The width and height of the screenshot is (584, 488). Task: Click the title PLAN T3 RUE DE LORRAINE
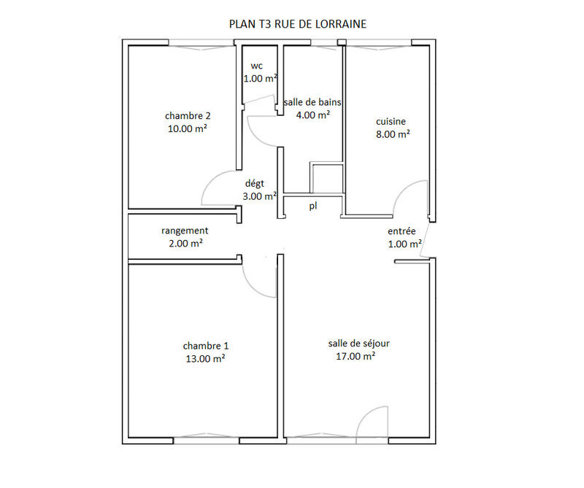pyautogui.click(x=297, y=23)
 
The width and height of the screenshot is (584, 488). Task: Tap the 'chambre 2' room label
pyautogui.click(x=188, y=115)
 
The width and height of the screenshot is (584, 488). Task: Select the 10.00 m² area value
pyautogui.click(x=188, y=128)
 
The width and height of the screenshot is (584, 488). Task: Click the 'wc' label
pyautogui.click(x=256, y=66)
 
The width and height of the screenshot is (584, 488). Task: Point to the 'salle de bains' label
pyautogui.click(x=312, y=102)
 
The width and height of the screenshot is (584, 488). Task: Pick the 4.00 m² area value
pyautogui.click(x=312, y=115)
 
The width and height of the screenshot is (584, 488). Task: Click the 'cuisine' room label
pyautogui.click(x=391, y=121)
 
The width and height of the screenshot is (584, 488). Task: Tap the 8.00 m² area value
pyautogui.click(x=391, y=134)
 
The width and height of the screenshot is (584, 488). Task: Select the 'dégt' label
pyautogui.click(x=254, y=184)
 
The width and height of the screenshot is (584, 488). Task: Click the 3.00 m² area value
pyautogui.click(x=259, y=196)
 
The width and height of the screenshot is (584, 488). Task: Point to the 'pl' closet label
pyautogui.click(x=313, y=206)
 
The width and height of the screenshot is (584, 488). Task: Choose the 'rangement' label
pyautogui.click(x=185, y=231)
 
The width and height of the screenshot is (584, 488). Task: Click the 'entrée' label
pyautogui.click(x=401, y=231)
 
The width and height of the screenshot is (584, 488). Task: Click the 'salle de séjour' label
pyautogui.click(x=354, y=343)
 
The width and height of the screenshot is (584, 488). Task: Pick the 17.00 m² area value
pyautogui.click(x=356, y=356)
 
